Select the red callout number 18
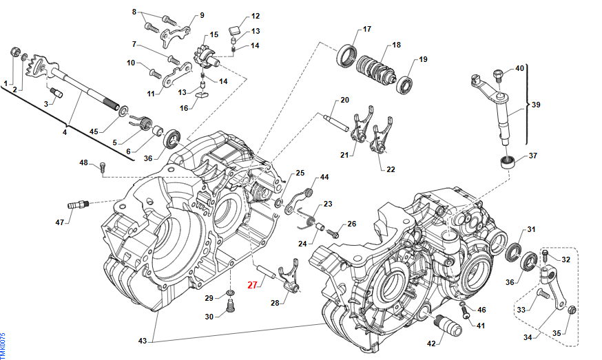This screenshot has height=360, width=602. [395, 45]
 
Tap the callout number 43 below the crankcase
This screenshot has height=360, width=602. [143, 341]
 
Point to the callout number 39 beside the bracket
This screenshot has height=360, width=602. [537, 105]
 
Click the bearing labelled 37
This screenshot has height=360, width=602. [508, 163]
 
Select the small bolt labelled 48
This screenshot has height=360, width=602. [103, 166]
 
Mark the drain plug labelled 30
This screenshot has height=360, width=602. [230, 314]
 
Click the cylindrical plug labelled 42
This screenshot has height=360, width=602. [448, 326]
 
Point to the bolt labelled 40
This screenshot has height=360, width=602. [497, 72]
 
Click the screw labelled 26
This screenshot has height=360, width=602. [335, 233]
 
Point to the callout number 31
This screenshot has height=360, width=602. [531, 230]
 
